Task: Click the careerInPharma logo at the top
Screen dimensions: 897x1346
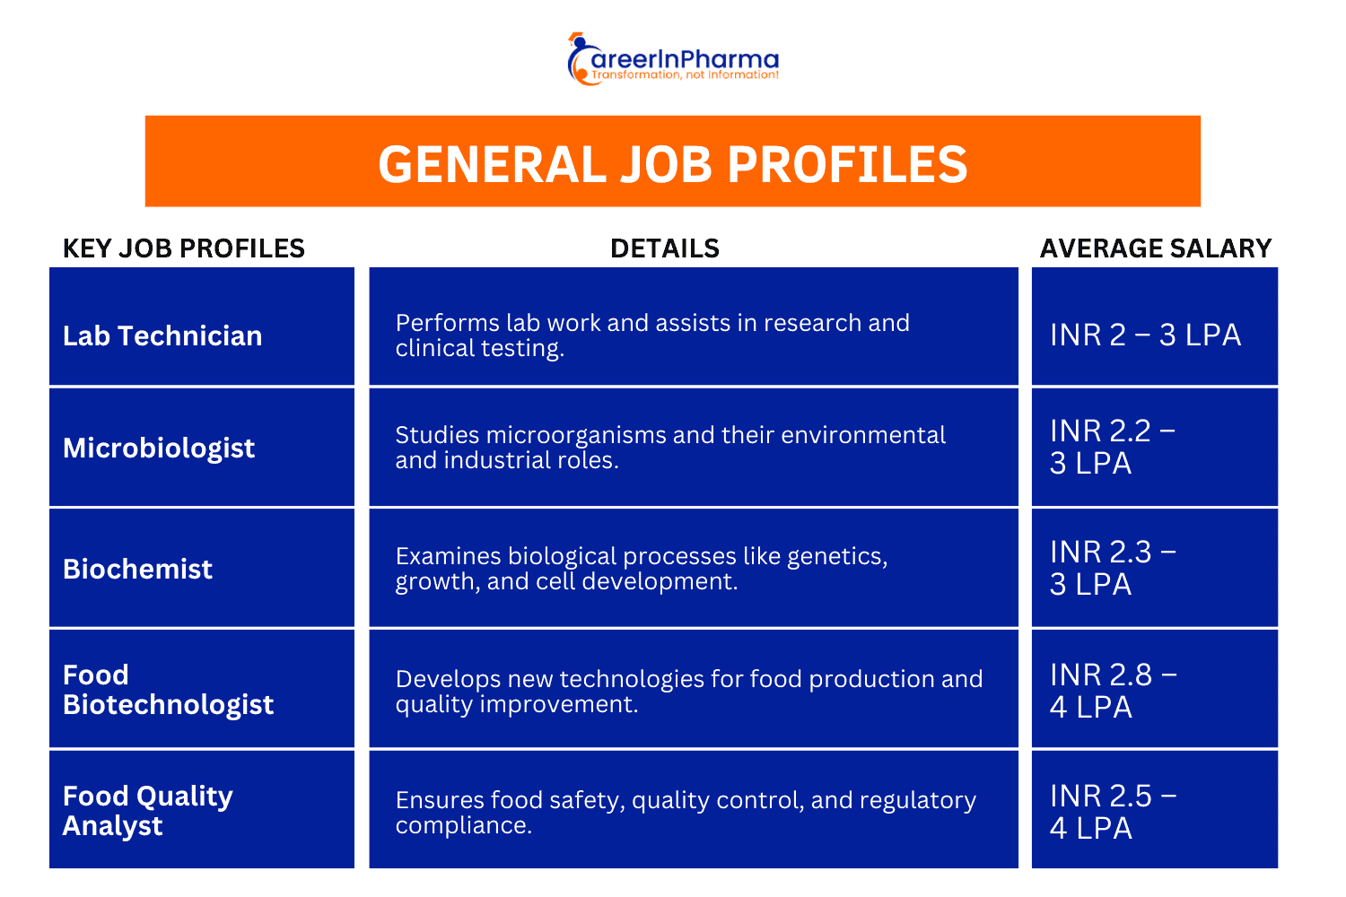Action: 673,59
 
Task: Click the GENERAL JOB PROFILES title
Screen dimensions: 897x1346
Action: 673,164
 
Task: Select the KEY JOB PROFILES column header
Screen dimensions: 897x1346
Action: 184,248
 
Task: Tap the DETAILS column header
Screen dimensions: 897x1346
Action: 665,248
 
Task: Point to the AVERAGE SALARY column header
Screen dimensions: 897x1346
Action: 1156,248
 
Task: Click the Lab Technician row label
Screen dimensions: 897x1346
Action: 162,335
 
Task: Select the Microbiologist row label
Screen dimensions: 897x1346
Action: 159,448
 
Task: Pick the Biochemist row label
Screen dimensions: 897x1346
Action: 137,569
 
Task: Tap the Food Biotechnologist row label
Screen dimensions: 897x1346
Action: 168,690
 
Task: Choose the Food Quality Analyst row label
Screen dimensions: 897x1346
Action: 147,810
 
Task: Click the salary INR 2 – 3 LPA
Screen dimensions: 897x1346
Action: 1145,335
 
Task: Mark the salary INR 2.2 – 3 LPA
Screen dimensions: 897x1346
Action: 1113,447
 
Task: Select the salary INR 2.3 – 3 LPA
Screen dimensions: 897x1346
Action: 1113,568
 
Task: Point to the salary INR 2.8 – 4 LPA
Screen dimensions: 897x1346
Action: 1113,690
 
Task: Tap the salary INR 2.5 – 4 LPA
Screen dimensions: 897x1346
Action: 1113,811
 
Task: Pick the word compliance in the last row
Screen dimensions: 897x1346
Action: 463,825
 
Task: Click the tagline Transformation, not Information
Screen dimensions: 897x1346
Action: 685,75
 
